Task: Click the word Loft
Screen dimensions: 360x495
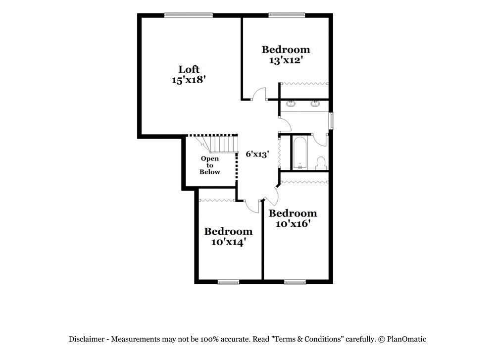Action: [x=189, y=69]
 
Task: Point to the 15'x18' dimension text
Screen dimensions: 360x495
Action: [x=189, y=80]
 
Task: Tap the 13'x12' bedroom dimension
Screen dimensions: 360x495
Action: [x=286, y=60]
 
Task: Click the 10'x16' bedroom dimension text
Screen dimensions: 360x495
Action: [x=293, y=223]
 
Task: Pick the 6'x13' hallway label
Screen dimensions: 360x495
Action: [x=257, y=154]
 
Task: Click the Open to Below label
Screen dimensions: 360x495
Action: [x=210, y=165]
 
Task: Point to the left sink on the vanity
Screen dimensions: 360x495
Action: [x=292, y=104]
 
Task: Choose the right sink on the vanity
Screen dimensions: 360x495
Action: [x=315, y=104]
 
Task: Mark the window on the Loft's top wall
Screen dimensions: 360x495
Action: [x=189, y=15]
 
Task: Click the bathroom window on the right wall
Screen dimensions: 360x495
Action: [x=332, y=121]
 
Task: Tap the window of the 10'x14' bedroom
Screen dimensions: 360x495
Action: [x=228, y=282]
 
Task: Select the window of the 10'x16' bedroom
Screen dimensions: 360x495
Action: [x=295, y=282]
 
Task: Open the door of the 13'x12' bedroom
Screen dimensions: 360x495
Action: [x=259, y=94]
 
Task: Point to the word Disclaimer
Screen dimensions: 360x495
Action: [x=86, y=339]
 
